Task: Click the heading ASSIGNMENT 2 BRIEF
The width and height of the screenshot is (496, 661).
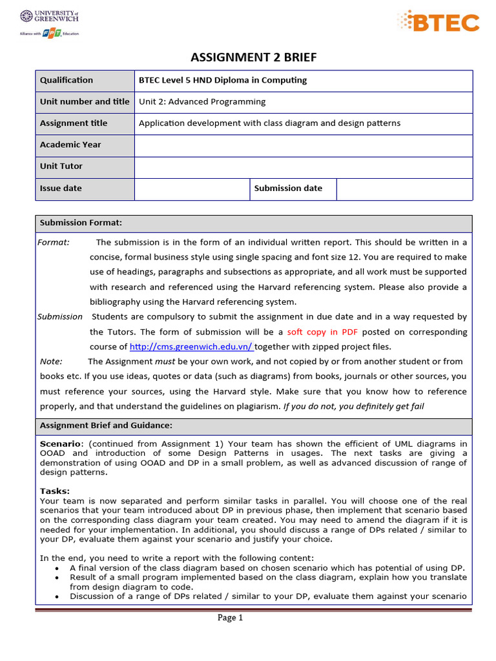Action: click(x=254, y=57)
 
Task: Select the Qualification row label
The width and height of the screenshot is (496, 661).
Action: click(x=67, y=80)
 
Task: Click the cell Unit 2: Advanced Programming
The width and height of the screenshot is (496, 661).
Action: click(x=202, y=101)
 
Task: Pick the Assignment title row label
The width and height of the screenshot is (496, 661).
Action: click(x=74, y=123)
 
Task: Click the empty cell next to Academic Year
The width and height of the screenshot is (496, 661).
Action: click(x=303, y=145)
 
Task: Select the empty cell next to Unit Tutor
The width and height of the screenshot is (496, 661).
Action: click(x=303, y=166)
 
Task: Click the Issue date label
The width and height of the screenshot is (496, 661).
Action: click(x=61, y=188)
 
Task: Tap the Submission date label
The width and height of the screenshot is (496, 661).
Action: click(x=288, y=188)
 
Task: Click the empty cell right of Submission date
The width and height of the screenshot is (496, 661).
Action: click(x=404, y=188)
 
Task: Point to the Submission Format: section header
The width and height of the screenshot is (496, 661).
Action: click(x=81, y=223)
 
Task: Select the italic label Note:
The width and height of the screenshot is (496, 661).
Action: click(x=51, y=361)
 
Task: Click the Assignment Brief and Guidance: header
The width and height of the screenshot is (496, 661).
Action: click(x=106, y=425)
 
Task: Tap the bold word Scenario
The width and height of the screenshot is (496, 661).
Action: click(x=61, y=444)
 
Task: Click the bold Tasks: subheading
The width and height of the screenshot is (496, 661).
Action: click(x=54, y=491)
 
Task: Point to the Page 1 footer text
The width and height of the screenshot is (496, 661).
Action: click(x=230, y=618)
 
